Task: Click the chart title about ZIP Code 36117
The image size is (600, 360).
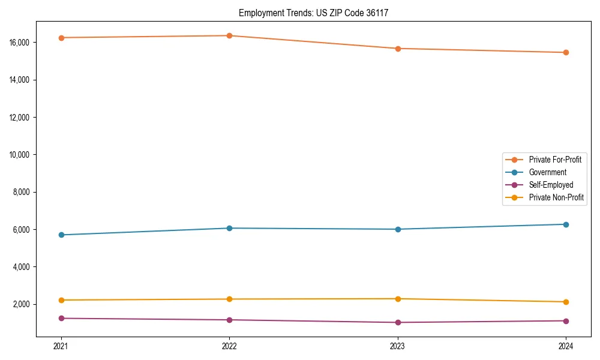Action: (313, 13)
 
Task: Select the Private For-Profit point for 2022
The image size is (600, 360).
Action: (229, 35)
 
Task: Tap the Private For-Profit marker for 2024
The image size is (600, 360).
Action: (566, 52)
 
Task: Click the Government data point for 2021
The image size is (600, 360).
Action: (61, 235)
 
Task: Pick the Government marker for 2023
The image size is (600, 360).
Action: (398, 229)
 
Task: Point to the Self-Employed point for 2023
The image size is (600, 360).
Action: (398, 322)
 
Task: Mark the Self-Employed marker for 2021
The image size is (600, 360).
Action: (61, 318)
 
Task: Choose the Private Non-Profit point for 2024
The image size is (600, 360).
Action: (566, 302)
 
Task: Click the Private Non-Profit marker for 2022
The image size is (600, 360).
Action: (229, 299)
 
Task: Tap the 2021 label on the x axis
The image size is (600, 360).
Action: (61, 346)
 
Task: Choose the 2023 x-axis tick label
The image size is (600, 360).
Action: (398, 346)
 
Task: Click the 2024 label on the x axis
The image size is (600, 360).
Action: (566, 346)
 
